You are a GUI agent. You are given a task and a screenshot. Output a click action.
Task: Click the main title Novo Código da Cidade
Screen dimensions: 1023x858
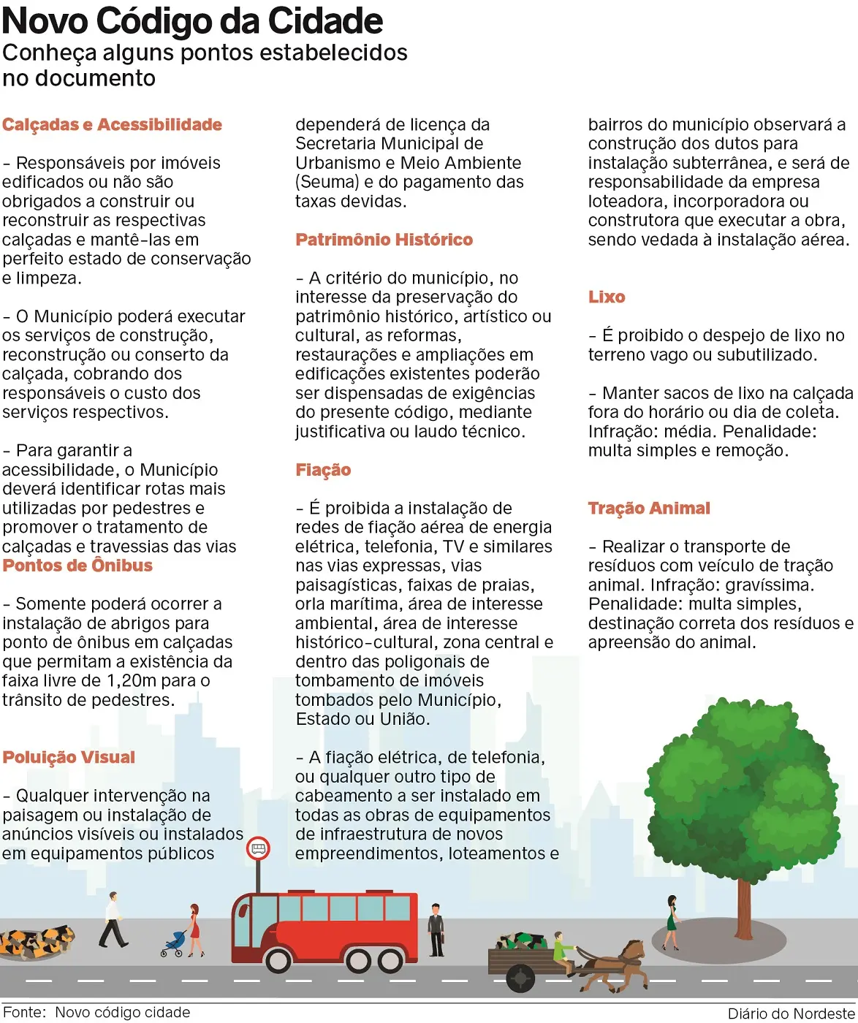tap(192, 21)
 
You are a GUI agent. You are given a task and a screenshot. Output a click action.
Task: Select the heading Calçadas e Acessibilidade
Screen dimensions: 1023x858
tap(112, 125)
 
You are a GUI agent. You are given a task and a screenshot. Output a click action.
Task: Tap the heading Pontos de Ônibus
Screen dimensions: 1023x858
tap(77, 566)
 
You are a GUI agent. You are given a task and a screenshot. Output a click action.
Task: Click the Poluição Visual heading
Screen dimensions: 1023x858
tap(69, 758)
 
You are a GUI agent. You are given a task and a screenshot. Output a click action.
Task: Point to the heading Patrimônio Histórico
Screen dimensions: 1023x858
tap(384, 240)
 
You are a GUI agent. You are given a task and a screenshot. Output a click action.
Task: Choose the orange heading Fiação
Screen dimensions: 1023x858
tap(323, 470)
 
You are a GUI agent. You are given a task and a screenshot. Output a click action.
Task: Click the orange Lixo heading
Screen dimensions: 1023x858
tap(607, 297)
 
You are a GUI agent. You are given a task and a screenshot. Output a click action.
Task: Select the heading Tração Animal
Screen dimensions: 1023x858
tap(649, 509)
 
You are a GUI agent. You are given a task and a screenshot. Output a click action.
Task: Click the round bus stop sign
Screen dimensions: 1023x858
tap(258, 848)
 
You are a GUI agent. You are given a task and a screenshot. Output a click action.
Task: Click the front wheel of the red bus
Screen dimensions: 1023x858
tap(278, 959)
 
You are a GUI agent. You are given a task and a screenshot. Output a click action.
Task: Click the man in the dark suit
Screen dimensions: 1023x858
tap(436, 929)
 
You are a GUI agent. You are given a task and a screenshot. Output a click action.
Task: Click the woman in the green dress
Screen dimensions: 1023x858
tap(671, 922)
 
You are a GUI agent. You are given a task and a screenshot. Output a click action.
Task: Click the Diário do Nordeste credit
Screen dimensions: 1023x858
tap(791, 1014)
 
